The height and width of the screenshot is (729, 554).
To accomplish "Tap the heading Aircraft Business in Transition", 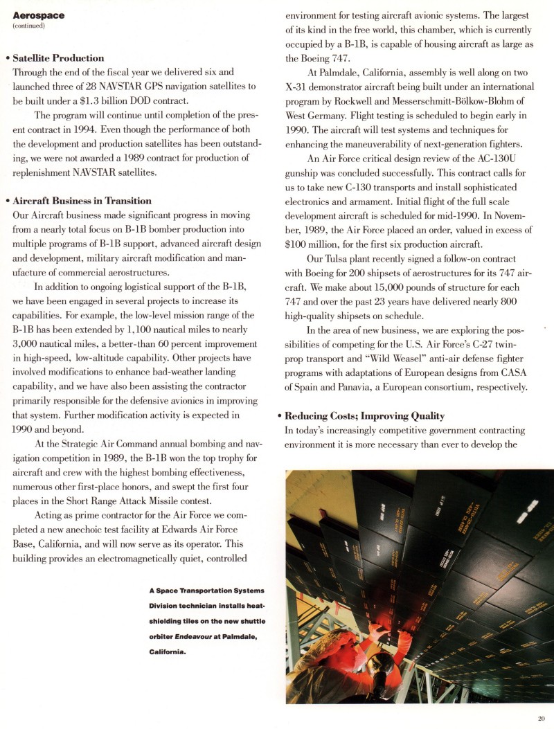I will coord(82,201).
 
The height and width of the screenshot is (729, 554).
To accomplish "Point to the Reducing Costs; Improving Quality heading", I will coord(364,416).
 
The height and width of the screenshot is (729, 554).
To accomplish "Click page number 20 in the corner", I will coord(541,718).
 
